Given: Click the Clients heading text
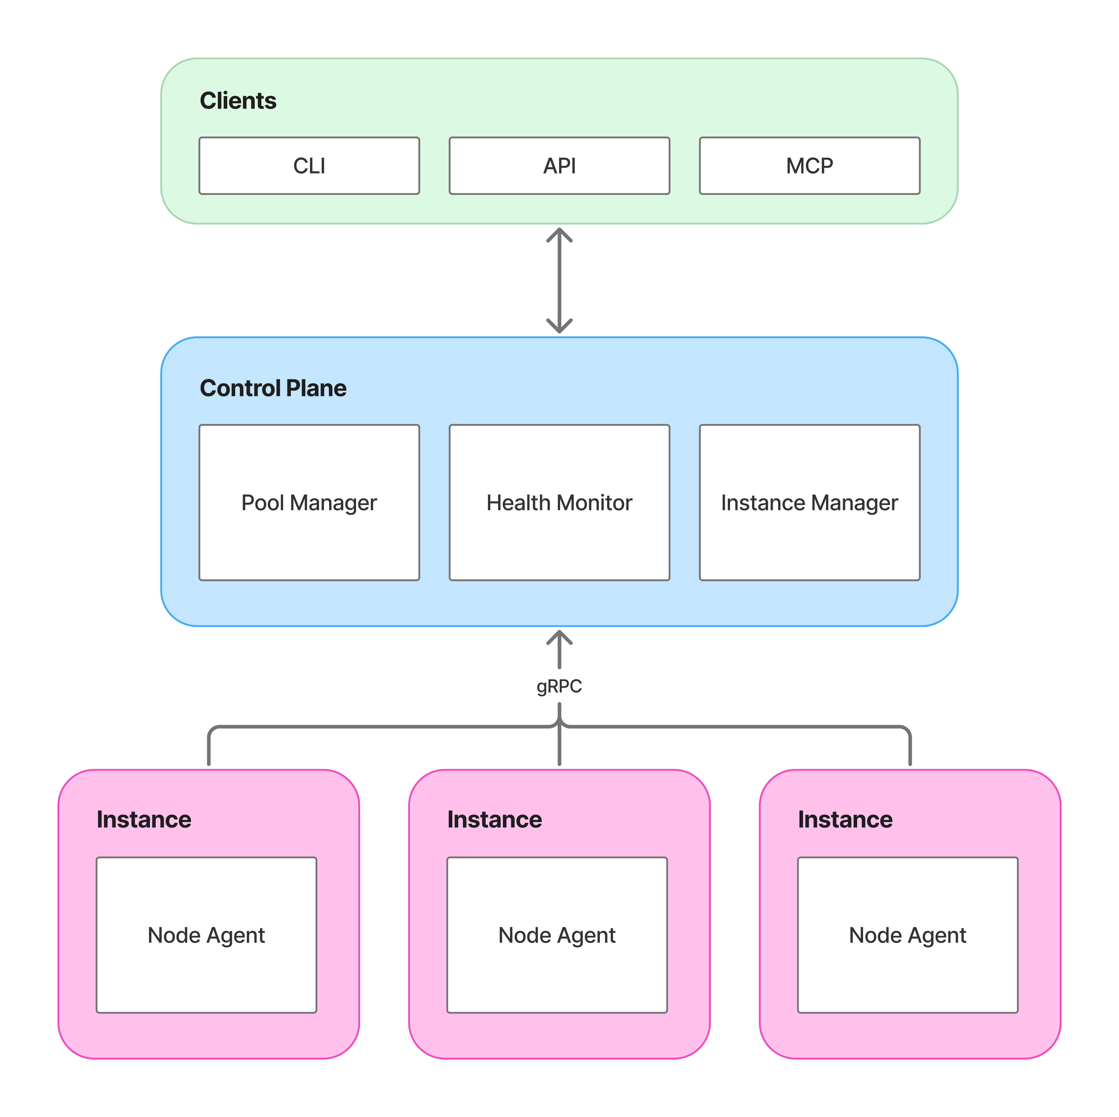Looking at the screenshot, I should click(238, 101).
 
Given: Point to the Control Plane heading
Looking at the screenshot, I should click(273, 388).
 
